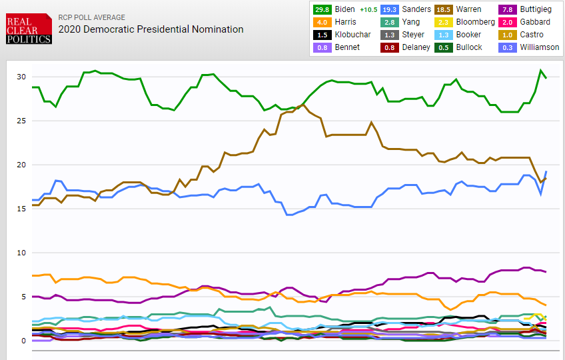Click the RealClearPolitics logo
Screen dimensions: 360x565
coord(29,29)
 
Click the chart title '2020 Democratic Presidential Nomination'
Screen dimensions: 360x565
coord(151,29)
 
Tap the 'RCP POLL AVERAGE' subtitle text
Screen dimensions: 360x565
coord(91,17)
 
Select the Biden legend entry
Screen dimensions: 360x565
coord(341,9)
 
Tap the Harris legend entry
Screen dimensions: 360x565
coord(336,22)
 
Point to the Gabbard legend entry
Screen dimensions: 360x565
coord(525,22)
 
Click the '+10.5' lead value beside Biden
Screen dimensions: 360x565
coord(368,9)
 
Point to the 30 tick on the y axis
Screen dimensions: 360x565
coord(21,77)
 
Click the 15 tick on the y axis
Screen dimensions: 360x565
coord(21,209)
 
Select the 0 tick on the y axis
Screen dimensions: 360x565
coord(23,341)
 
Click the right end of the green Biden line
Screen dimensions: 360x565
coord(546,78)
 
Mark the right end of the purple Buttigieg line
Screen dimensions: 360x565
coord(546,272)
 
